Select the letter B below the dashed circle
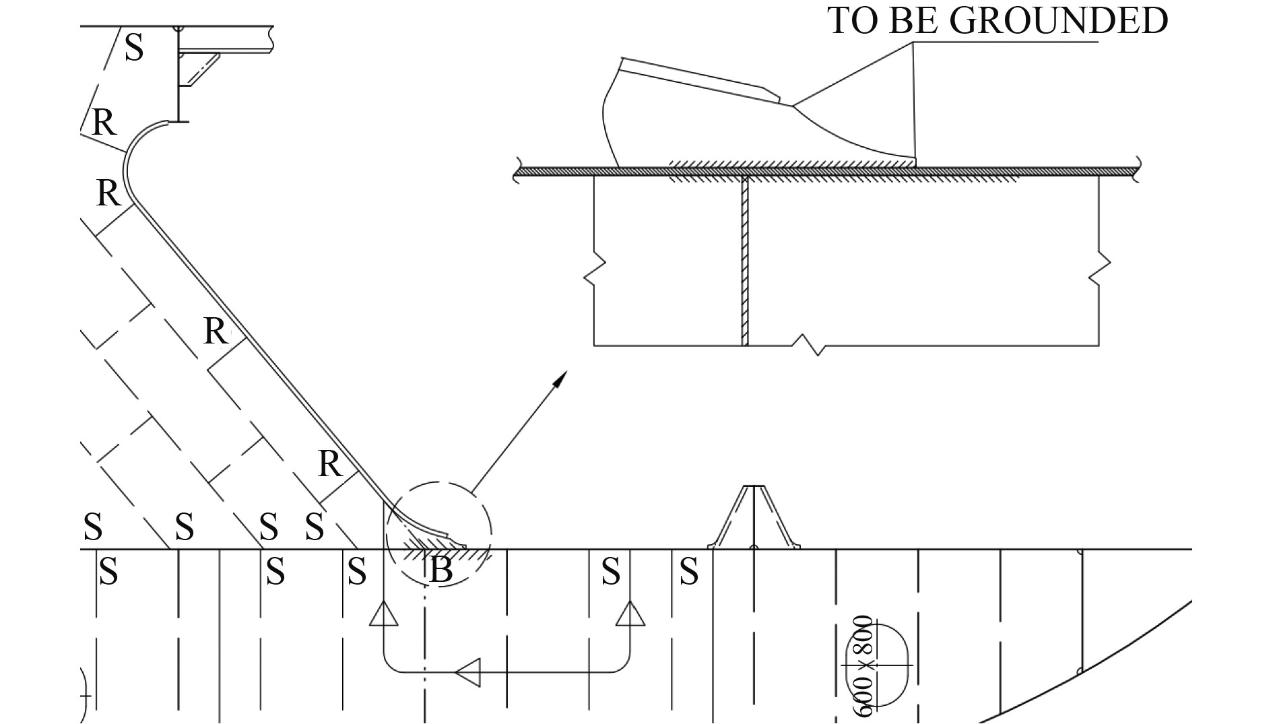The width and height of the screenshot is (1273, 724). [x=440, y=572]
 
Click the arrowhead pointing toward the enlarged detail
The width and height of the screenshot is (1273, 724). [x=559, y=379]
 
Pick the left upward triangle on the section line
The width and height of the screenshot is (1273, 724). [x=384, y=613]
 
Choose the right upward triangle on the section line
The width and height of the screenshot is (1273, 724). [x=630, y=613]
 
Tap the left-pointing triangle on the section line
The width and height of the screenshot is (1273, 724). [x=468, y=672]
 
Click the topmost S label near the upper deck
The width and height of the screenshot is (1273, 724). [x=134, y=48]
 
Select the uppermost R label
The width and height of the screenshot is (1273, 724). [x=104, y=123]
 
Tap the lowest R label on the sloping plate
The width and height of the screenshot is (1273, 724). [x=330, y=464]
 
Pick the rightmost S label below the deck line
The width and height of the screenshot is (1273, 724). [x=688, y=572]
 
